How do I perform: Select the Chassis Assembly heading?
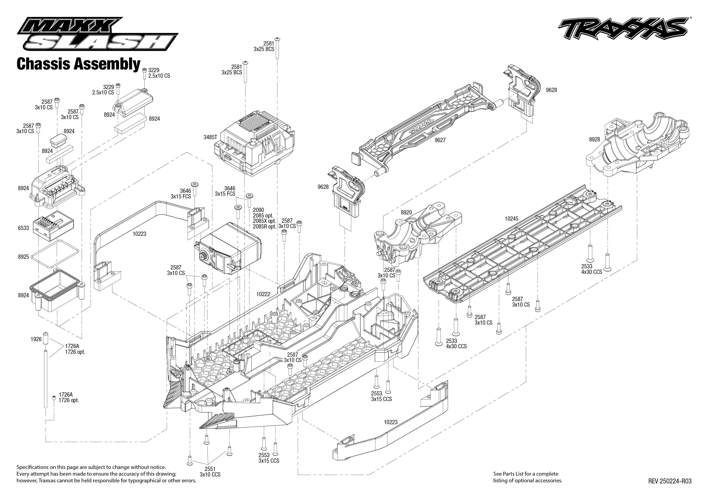click(x=78, y=64)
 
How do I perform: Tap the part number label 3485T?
click(x=210, y=137)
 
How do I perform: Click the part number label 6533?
click(x=23, y=228)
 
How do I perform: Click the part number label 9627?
click(x=440, y=140)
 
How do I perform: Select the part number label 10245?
click(x=511, y=219)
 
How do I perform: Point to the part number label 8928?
click(x=594, y=139)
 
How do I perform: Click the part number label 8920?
click(x=406, y=213)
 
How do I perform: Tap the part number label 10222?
click(x=263, y=294)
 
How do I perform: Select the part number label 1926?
click(x=36, y=339)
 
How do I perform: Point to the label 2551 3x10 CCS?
click(x=210, y=472)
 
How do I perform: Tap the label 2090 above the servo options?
click(x=258, y=210)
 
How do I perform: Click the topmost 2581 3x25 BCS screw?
click(x=278, y=48)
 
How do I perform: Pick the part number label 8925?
click(x=23, y=257)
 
